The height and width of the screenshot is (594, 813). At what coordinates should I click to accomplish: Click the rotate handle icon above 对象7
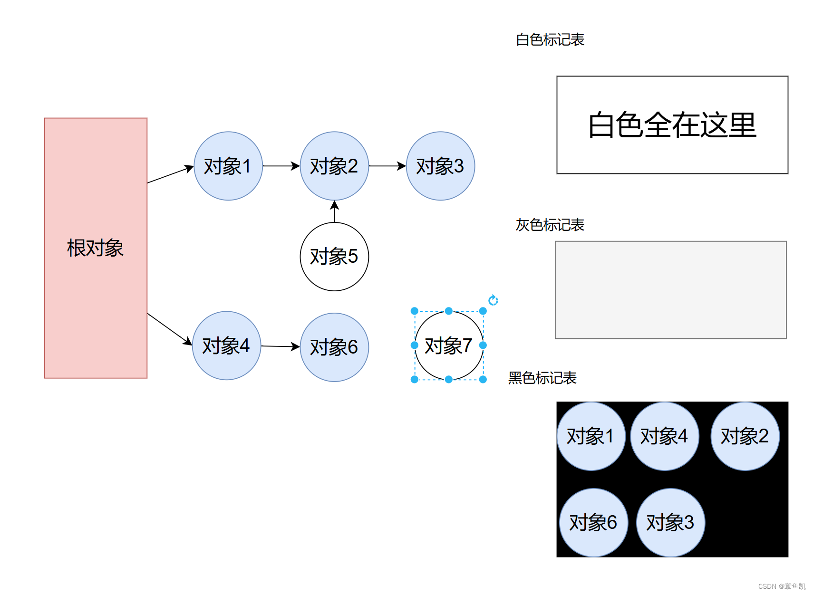tap(493, 300)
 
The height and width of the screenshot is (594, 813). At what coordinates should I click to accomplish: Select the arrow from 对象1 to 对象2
tap(281, 166)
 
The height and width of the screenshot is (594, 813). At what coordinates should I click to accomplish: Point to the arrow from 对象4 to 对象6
tap(281, 346)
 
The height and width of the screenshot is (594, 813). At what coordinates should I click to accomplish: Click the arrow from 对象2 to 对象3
tap(387, 166)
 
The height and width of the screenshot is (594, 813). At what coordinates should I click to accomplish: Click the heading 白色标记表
tap(550, 40)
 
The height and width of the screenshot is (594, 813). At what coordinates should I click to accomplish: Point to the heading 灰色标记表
tap(550, 225)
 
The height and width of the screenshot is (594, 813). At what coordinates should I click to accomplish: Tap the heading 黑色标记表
tap(542, 378)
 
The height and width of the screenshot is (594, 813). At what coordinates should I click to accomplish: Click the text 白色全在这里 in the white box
tap(672, 125)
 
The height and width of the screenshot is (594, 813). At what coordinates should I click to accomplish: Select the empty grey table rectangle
tap(670, 290)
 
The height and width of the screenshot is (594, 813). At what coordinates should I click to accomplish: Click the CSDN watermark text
tap(782, 586)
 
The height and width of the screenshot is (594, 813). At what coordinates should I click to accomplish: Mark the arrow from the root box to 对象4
tap(169, 329)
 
